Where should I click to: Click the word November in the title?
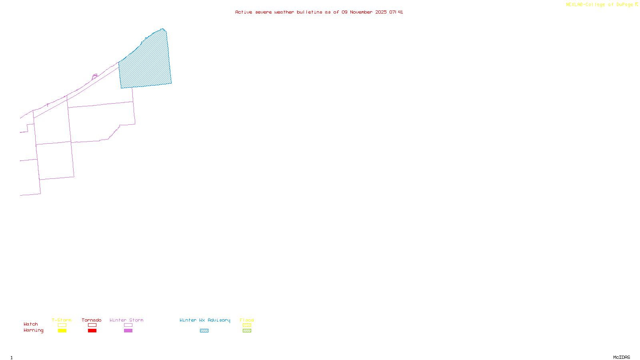pos(361,12)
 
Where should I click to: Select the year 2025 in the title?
pos(381,12)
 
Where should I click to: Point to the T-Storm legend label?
pos(62,320)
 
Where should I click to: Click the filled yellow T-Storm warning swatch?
pos(62,330)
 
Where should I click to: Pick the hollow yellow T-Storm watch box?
pos(62,325)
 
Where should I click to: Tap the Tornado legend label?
pos(92,320)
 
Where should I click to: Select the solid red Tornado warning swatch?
pos(92,330)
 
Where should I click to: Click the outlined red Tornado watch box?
pos(92,325)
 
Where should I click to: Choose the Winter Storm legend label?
pos(126,320)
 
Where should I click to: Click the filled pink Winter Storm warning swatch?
pos(128,330)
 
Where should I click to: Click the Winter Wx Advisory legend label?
pos(205,320)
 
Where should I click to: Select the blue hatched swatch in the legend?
pos(204,330)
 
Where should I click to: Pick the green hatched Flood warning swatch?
pos(247,330)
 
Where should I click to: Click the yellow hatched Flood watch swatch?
pos(247,325)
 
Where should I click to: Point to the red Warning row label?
pos(33,330)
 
